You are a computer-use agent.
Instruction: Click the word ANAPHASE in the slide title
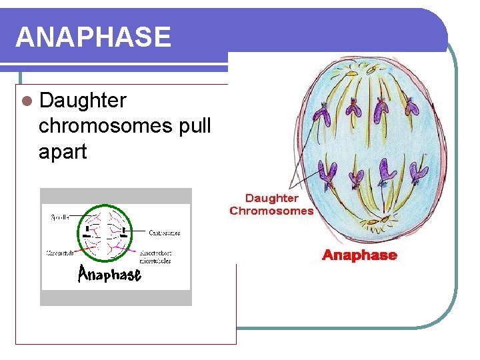(x=93, y=37)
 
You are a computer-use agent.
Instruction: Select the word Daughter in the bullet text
(x=83, y=101)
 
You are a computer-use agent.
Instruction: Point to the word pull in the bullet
(x=195, y=126)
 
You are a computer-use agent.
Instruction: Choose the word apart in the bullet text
(x=63, y=151)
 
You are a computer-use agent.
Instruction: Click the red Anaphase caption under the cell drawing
(x=359, y=255)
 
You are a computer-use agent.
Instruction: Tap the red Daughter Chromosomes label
(x=271, y=204)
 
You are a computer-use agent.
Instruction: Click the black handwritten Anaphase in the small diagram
(x=109, y=273)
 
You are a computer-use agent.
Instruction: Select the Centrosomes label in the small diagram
(x=164, y=233)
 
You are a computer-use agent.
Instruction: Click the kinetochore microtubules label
(x=157, y=257)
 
